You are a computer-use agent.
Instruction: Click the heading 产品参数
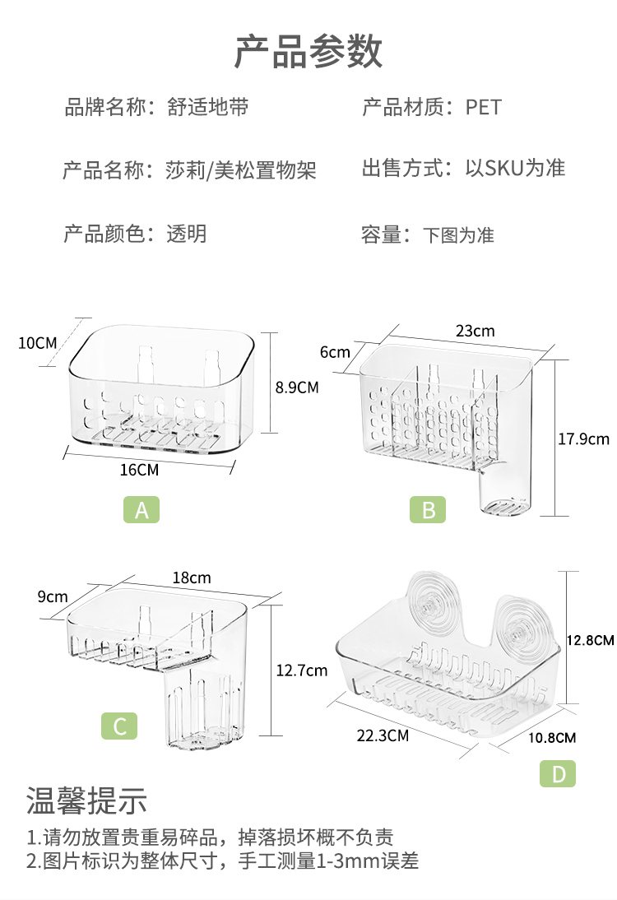point(308,51)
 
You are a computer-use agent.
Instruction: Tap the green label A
point(141,510)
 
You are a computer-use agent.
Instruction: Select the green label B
point(428,510)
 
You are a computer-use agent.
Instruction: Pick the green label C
point(119,726)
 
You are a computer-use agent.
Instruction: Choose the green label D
point(558,773)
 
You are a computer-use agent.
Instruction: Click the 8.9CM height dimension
point(296,387)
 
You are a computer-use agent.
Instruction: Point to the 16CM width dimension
point(139,470)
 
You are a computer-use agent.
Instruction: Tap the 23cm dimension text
point(476,331)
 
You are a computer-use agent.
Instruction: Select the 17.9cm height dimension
point(583,438)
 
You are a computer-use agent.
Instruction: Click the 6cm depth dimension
point(335,352)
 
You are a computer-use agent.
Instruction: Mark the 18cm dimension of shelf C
point(191,578)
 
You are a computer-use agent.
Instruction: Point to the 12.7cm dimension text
point(301,670)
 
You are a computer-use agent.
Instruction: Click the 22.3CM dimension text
point(383,735)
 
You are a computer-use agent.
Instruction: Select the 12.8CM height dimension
point(591,639)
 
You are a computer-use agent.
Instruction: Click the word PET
point(483,107)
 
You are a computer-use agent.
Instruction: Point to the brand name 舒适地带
point(207,107)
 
